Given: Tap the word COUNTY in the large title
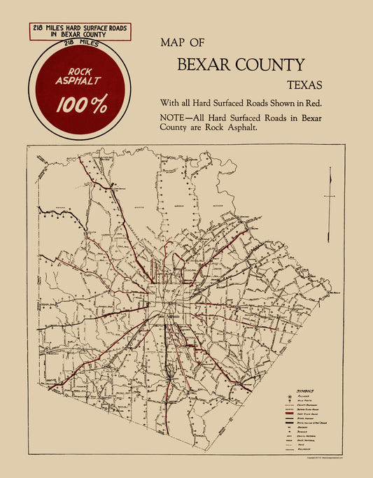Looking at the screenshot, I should tap(270, 65).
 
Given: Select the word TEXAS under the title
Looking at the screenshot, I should tap(305, 86).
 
